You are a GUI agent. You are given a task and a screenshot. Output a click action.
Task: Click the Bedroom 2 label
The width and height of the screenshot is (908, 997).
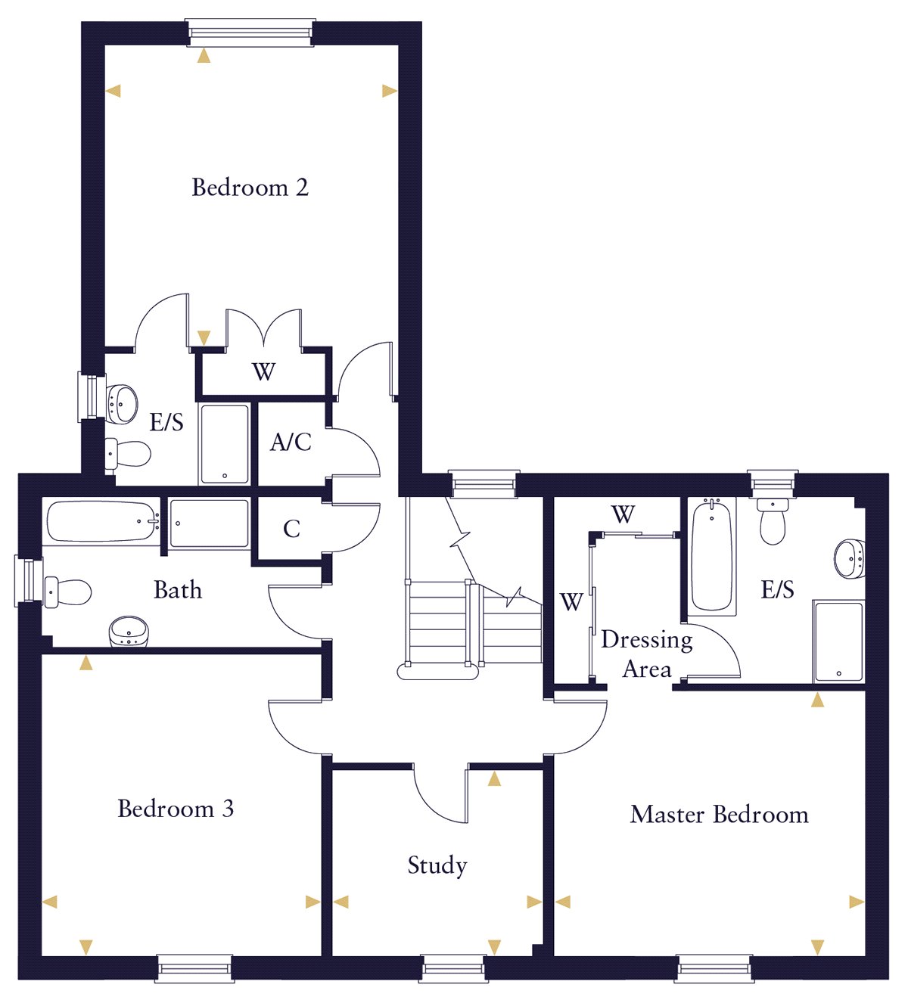point(250,187)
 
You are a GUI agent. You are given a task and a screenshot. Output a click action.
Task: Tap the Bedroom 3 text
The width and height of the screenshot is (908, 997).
point(176,809)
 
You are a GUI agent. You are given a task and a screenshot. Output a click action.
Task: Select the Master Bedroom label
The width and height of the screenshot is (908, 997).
point(719,815)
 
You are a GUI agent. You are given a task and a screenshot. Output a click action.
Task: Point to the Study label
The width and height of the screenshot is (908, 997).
point(437,865)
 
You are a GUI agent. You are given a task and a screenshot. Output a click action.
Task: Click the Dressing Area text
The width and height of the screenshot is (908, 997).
point(647,654)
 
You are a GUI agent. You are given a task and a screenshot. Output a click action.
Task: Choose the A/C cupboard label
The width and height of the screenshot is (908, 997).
point(291,442)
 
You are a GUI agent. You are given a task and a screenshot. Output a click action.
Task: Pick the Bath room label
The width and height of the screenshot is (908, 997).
point(178,589)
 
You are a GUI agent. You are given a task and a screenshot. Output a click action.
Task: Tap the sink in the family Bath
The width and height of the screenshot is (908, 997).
point(129,631)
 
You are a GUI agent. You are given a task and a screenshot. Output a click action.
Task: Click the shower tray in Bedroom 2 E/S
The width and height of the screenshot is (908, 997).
point(224,443)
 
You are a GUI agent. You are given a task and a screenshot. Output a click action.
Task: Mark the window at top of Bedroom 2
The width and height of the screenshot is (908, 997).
point(250,33)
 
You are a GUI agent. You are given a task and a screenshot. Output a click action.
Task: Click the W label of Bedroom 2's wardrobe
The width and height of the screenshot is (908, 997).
point(263,372)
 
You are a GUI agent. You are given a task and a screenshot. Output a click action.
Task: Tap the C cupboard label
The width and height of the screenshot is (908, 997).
point(291,529)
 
